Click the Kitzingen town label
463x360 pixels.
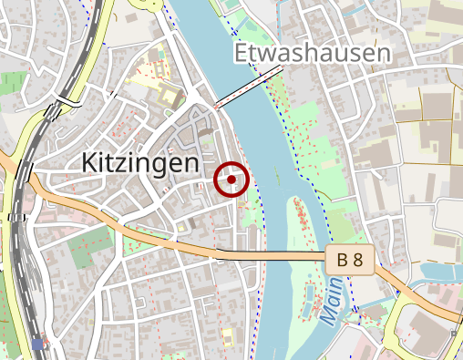(139, 163)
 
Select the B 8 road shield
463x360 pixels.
(350, 262)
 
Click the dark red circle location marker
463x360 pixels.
(231, 180)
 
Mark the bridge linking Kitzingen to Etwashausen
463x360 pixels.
(246, 91)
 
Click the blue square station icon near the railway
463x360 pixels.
(37, 344)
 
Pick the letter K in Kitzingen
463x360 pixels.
(89, 163)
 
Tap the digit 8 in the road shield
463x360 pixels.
(358, 262)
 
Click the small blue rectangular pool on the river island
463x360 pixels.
(308, 293)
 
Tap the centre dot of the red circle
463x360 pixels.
(231, 180)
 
